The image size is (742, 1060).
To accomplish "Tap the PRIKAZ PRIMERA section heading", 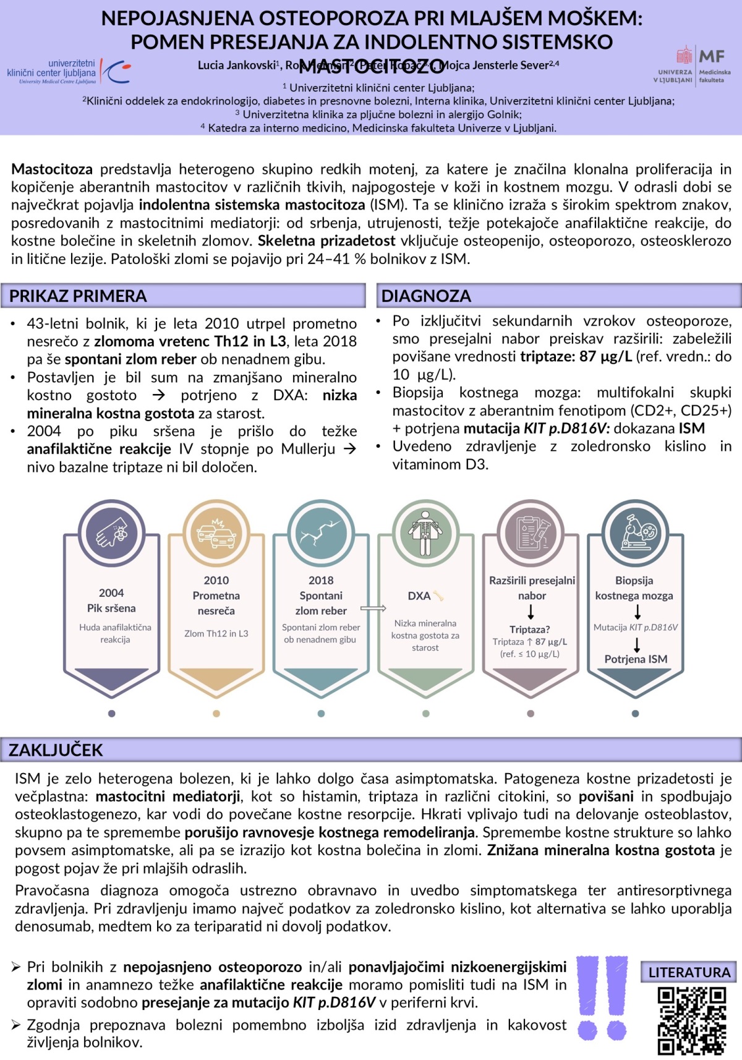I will (x=78, y=296).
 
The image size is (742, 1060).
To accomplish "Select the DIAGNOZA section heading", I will (x=426, y=296).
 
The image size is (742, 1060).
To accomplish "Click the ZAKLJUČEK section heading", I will (x=56, y=750).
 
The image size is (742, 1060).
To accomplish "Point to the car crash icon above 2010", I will (x=216, y=532).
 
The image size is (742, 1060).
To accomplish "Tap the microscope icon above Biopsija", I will (x=635, y=532).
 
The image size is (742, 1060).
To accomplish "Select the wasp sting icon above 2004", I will (x=112, y=532).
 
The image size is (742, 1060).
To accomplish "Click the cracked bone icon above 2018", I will (x=321, y=532).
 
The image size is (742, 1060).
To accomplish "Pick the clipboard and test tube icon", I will (x=531, y=532).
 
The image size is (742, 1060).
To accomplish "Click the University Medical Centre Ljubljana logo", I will (x=68, y=72).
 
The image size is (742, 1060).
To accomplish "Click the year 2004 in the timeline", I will (x=111, y=593).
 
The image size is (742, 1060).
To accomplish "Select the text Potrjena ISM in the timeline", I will (x=636, y=659).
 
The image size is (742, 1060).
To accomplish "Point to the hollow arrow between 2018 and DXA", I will (x=373, y=609).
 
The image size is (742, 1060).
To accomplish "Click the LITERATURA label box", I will (x=689, y=973).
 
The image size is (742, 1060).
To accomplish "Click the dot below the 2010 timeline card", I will (x=216, y=714).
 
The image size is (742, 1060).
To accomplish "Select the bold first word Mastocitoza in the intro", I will (x=52, y=169).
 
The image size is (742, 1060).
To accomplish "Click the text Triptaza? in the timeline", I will (x=530, y=630).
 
